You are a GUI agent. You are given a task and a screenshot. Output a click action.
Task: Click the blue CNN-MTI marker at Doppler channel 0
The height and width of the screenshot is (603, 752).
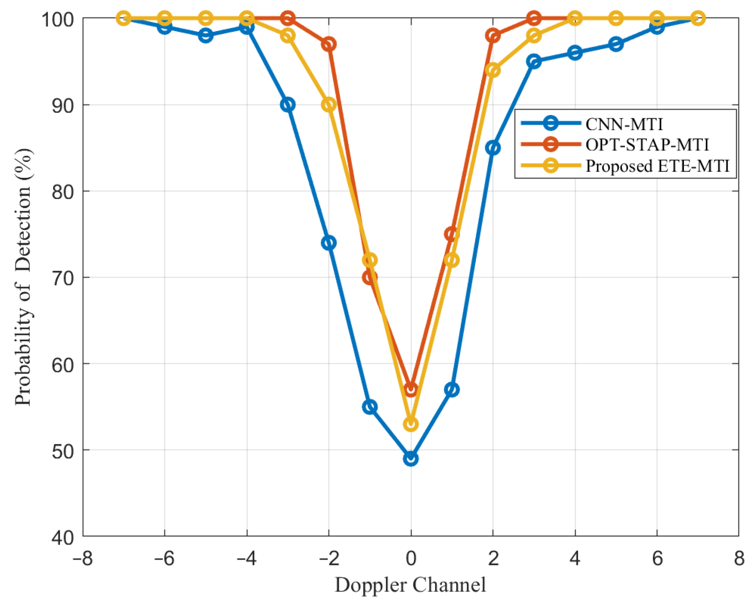coord(411,459)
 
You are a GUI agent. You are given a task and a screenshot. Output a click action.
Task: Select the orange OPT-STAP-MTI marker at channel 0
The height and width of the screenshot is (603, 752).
coord(411,389)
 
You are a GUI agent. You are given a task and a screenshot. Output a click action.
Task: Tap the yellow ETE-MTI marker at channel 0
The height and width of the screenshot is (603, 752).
coord(411,424)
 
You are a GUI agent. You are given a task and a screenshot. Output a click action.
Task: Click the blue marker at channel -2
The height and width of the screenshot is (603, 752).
coord(329,243)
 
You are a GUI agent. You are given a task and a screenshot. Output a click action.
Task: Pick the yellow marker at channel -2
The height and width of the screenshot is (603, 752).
coord(329,105)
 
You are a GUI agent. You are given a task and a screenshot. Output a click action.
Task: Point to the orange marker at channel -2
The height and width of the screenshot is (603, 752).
coord(329,44)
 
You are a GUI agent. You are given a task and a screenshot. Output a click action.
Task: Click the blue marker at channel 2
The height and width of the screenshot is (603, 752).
coord(493,148)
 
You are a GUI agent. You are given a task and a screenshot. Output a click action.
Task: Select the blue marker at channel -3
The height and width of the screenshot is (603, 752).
coord(287,105)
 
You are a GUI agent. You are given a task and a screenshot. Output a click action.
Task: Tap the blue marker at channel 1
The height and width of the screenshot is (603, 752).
coord(452,389)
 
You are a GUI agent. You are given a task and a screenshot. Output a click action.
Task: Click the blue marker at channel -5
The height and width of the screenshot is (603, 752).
coord(205,35)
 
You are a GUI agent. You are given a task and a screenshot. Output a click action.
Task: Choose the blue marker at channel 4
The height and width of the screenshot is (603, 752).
coord(575,53)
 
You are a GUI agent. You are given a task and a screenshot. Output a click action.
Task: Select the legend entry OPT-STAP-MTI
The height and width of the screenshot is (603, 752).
coord(647,145)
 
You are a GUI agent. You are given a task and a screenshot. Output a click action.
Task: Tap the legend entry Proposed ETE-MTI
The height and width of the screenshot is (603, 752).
coord(657,166)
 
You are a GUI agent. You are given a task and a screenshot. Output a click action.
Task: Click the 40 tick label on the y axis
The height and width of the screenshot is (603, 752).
coord(63,537)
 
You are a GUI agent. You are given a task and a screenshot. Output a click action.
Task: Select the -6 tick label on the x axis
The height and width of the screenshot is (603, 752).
coord(164,558)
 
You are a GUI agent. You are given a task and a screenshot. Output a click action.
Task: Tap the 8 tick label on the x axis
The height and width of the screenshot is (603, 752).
coord(739,558)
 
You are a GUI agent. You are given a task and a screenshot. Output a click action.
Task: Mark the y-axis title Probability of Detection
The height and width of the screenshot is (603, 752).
coord(23,277)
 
